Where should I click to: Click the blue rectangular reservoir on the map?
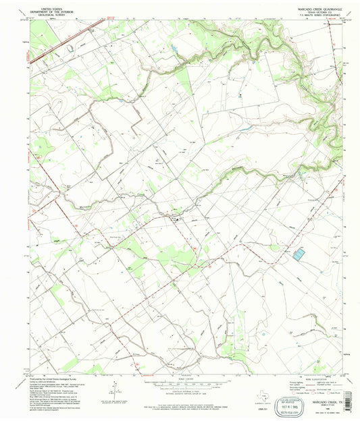(299, 254)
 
